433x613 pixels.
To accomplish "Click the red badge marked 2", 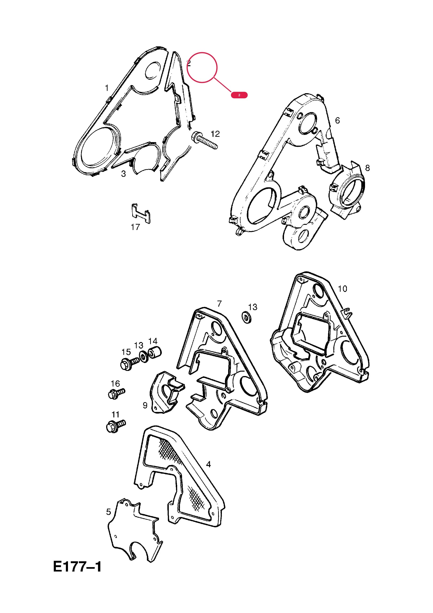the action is click(x=239, y=95).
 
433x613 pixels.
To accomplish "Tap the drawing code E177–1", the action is click(x=77, y=567).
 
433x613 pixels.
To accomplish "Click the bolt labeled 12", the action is click(x=204, y=140).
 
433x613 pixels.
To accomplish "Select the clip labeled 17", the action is click(x=141, y=213).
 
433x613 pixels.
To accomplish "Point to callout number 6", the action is click(x=338, y=120).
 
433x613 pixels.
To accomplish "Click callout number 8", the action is click(x=367, y=168).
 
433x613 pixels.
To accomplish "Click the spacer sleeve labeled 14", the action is click(x=155, y=353).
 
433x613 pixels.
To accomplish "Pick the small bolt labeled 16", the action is click(x=117, y=394).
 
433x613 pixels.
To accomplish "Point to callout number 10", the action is click(x=342, y=289).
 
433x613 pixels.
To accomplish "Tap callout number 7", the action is click(x=219, y=304).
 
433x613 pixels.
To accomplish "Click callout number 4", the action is click(x=208, y=464).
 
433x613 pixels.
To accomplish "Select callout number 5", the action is click(x=108, y=512).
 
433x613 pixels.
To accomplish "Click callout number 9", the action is click(x=145, y=405).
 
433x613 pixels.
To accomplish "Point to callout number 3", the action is click(x=123, y=174).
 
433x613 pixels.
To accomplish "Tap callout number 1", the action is click(x=107, y=88).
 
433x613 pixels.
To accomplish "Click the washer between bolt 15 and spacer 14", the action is click(x=144, y=357).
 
